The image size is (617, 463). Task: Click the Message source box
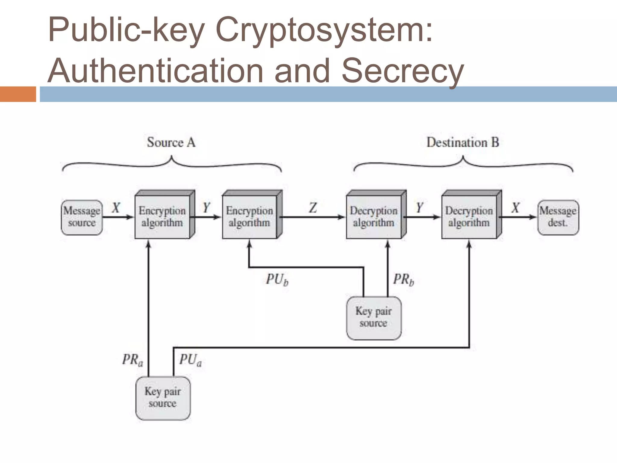(82, 217)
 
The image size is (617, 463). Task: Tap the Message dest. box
(558, 217)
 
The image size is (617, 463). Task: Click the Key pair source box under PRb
(374, 318)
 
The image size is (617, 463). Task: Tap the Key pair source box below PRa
(163, 398)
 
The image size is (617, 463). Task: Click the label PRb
(403, 280)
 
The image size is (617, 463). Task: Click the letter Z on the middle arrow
(313, 208)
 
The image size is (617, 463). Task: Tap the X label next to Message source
(116, 208)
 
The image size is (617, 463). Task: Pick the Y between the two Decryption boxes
(419, 208)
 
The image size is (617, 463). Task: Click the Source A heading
(171, 142)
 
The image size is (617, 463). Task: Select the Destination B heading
(463, 142)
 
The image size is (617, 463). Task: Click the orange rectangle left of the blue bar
(18, 94)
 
